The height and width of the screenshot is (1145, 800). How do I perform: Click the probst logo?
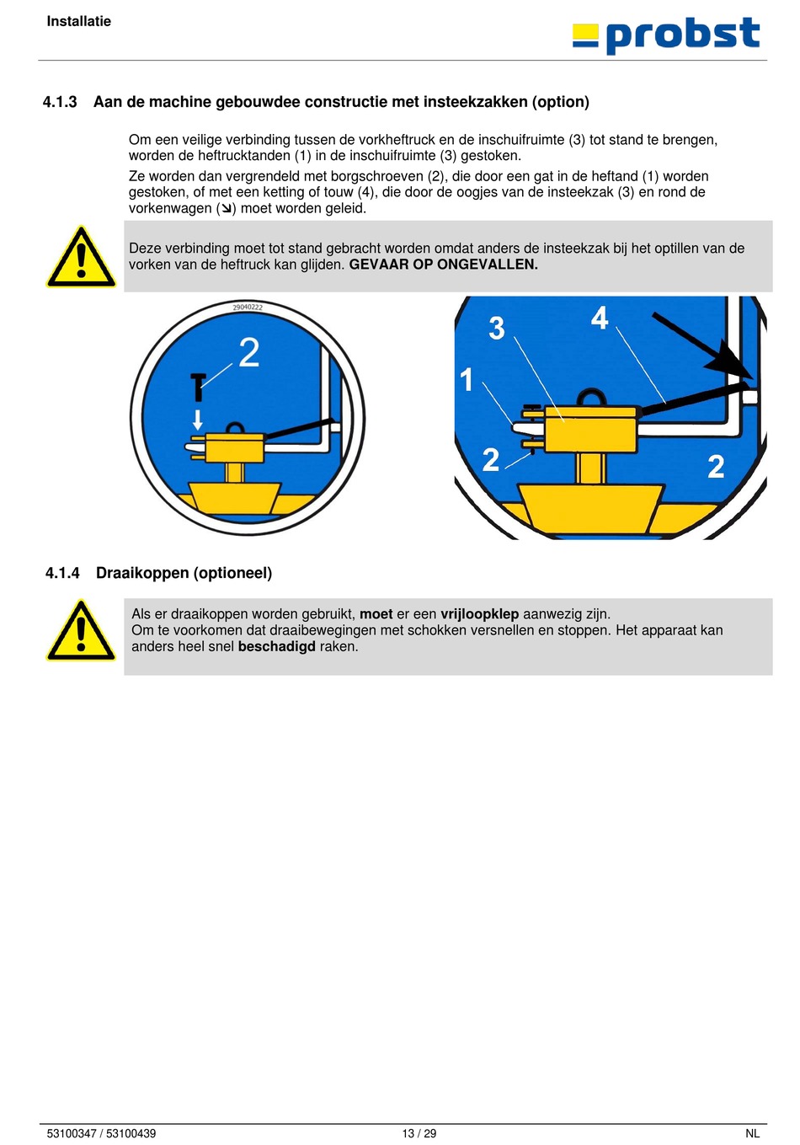(x=665, y=35)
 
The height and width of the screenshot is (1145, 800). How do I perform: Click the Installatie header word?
(x=78, y=21)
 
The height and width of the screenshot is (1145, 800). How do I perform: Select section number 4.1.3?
(x=60, y=102)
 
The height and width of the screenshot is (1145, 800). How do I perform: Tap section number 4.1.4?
(x=62, y=573)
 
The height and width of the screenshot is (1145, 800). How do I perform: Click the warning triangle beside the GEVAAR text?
(x=81, y=257)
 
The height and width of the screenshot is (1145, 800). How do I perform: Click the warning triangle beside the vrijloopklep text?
(x=81, y=631)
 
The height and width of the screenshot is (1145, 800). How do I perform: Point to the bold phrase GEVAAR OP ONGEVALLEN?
(x=444, y=265)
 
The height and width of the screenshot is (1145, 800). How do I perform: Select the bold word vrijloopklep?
(x=480, y=614)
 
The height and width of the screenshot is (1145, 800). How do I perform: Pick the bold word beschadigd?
(x=277, y=646)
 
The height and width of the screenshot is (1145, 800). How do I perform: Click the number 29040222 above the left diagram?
(x=248, y=308)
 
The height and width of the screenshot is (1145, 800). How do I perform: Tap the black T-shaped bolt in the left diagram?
(x=198, y=387)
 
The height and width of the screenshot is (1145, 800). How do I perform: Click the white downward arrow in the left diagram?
(x=198, y=420)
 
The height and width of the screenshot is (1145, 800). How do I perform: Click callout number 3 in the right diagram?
(x=497, y=328)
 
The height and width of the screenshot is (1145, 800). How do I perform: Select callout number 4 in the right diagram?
(x=600, y=318)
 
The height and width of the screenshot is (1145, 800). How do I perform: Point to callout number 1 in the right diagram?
(x=467, y=380)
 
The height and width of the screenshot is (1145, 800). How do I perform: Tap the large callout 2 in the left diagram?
(x=249, y=352)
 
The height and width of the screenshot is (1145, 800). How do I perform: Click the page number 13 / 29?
(x=419, y=1134)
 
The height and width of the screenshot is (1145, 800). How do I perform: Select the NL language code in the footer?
(x=752, y=1134)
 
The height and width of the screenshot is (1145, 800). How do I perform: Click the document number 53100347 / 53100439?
(x=101, y=1134)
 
